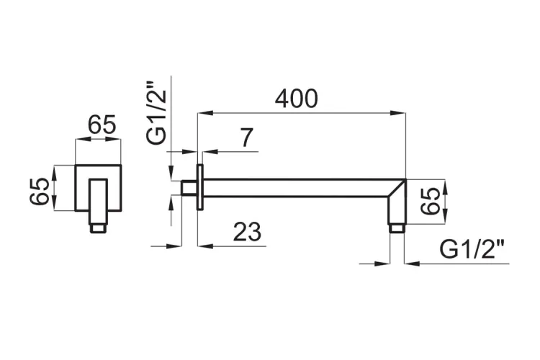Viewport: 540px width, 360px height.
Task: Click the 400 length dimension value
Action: pos(296,99)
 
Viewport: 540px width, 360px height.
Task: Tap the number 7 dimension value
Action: pos(246,138)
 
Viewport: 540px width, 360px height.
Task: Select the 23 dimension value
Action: pos(247,232)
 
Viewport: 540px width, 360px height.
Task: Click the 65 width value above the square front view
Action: pos(102,125)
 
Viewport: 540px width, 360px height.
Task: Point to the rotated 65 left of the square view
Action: pos(39,192)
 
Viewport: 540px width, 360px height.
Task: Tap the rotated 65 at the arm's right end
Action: pos(431,201)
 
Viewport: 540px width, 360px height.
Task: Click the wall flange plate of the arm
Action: pos(199,187)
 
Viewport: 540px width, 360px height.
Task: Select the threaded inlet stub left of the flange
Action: pos(189,188)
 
